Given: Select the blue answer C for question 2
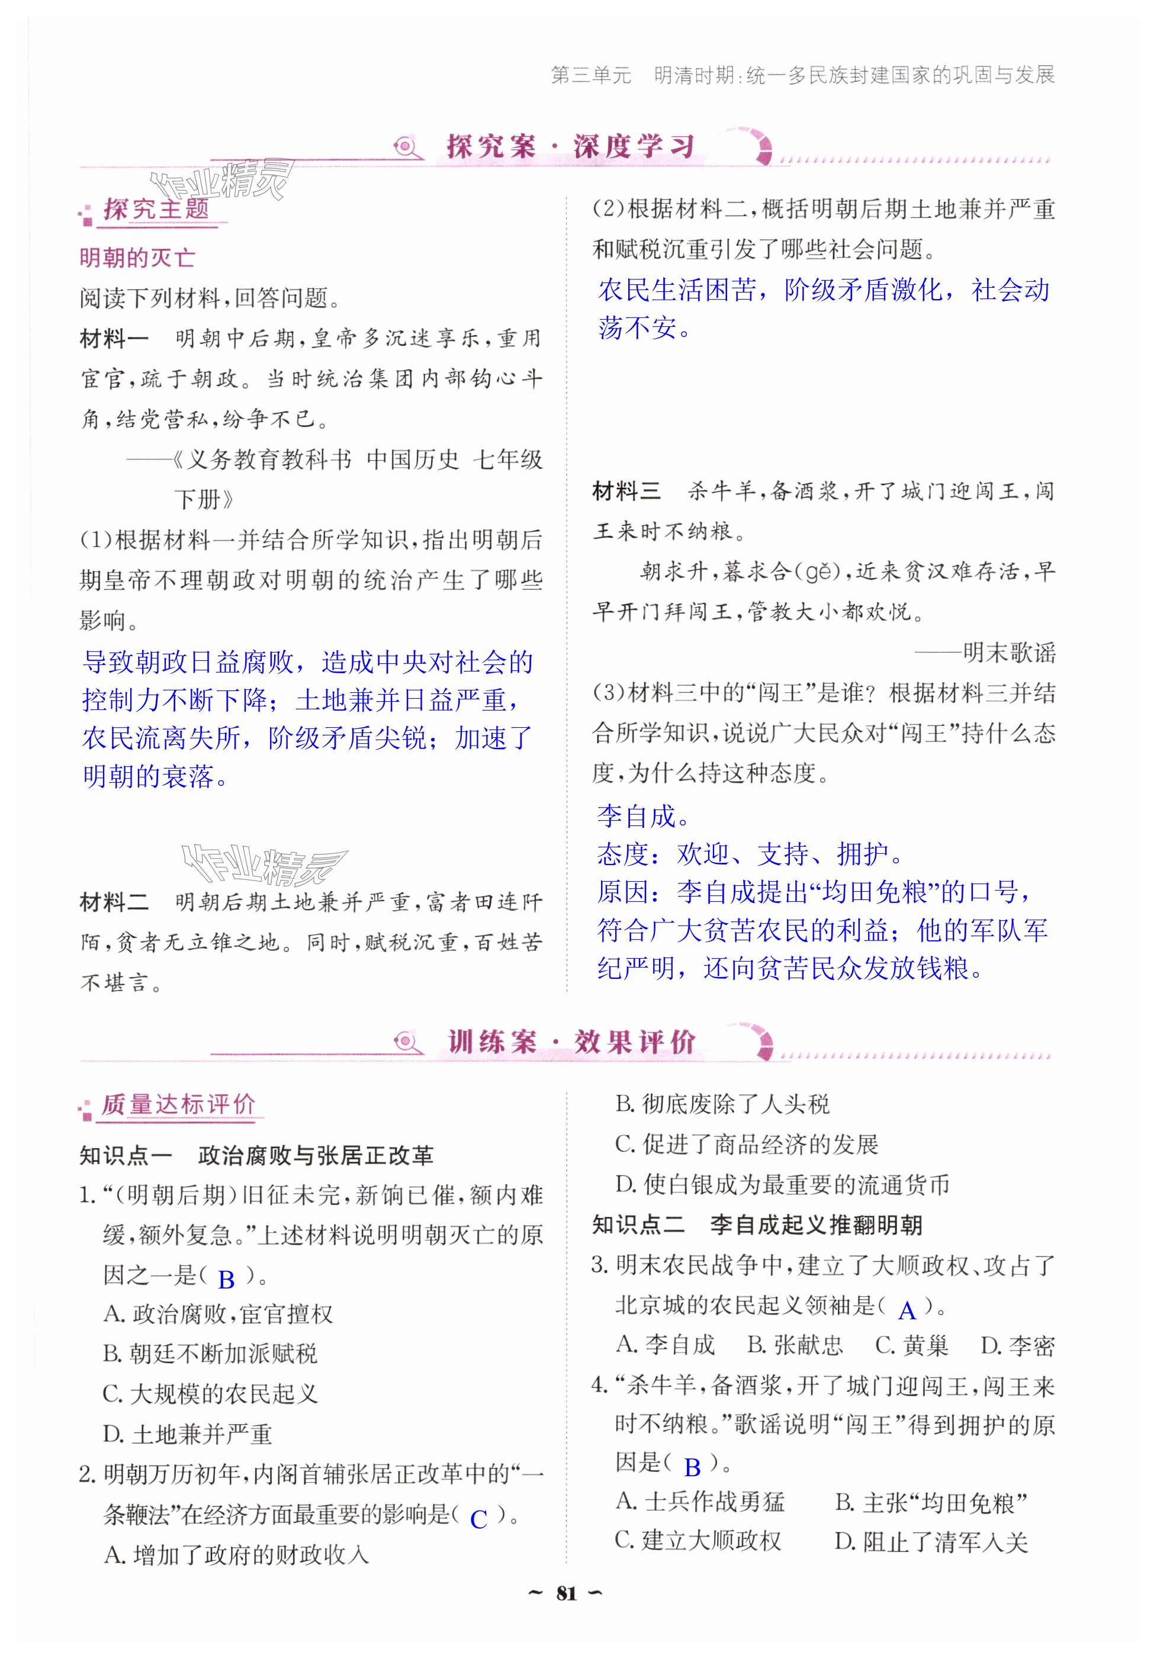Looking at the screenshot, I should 478,1519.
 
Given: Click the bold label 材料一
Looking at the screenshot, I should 114,338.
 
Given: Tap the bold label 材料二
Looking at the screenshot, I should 114,902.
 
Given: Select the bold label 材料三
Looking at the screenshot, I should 626,491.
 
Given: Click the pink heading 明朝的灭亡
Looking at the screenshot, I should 137,258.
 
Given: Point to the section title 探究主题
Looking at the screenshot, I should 156,210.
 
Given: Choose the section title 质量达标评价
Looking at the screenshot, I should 178,1104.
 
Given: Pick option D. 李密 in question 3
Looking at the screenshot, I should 1017,1345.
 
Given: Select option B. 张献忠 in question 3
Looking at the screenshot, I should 795,1345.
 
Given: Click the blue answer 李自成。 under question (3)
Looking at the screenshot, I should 644,817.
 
